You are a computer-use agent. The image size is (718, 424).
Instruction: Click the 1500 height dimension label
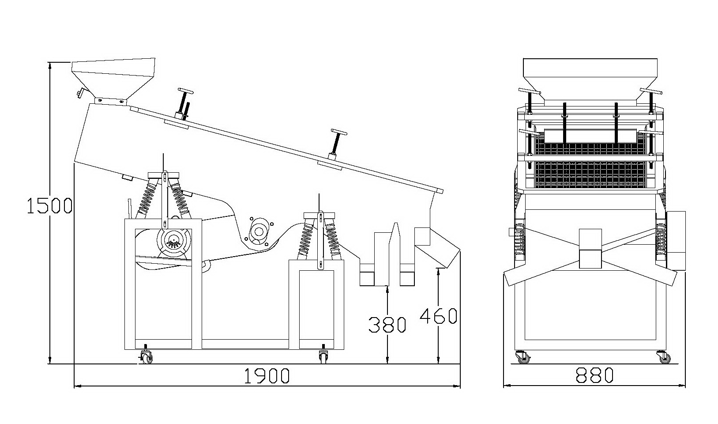pyautogui.click(x=49, y=205)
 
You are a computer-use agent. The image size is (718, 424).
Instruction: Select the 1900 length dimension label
pyautogui.click(x=267, y=376)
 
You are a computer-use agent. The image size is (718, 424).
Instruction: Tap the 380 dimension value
pyautogui.click(x=387, y=325)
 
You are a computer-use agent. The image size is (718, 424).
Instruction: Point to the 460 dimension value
pyautogui.click(x=438, y=316)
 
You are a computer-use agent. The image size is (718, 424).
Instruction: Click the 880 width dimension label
pyautogui.click(x=594, y=375)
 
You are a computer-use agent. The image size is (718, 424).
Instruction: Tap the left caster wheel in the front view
pyautogui.click(x=523, y=357)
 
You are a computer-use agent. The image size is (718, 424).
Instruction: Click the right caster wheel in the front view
pyautogui.click(x=665, y=357)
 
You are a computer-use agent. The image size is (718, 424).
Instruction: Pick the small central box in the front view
pyautogui.click(x=590, y=249)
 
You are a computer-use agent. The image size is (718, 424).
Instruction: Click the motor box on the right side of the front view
pyautogui.click(x=675, y=240)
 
